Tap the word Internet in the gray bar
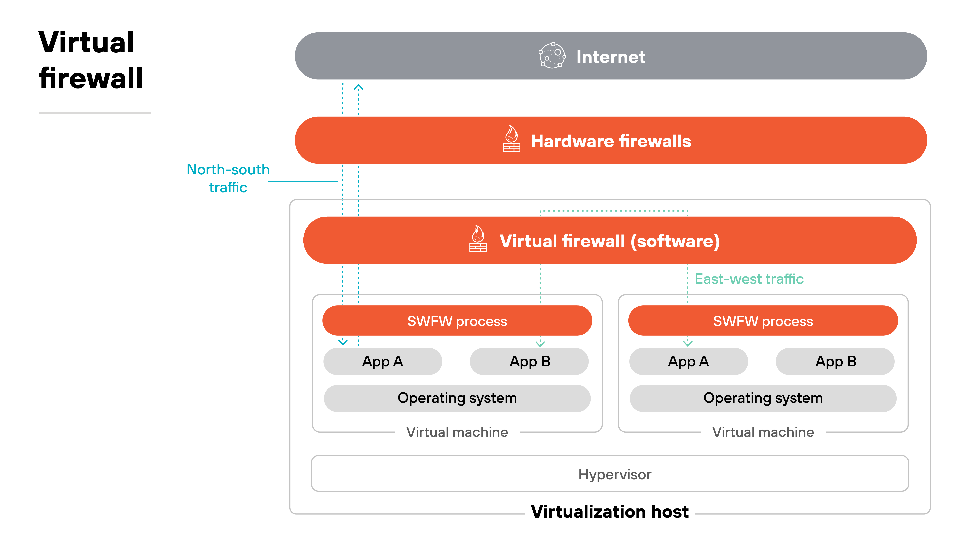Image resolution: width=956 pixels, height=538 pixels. point(610,57)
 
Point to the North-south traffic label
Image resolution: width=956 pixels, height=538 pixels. point(228,178)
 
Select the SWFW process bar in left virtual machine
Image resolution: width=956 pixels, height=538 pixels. point(457,321)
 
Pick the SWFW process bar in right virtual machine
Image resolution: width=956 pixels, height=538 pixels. point(763,321)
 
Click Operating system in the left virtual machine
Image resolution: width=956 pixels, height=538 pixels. point(457,398)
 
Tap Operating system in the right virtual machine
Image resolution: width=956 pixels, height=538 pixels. point(763,398)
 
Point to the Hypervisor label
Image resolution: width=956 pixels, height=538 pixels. point(615,474)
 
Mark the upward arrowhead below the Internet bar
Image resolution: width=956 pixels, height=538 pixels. point(358,87)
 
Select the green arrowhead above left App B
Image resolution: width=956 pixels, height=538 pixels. point(540,344)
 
